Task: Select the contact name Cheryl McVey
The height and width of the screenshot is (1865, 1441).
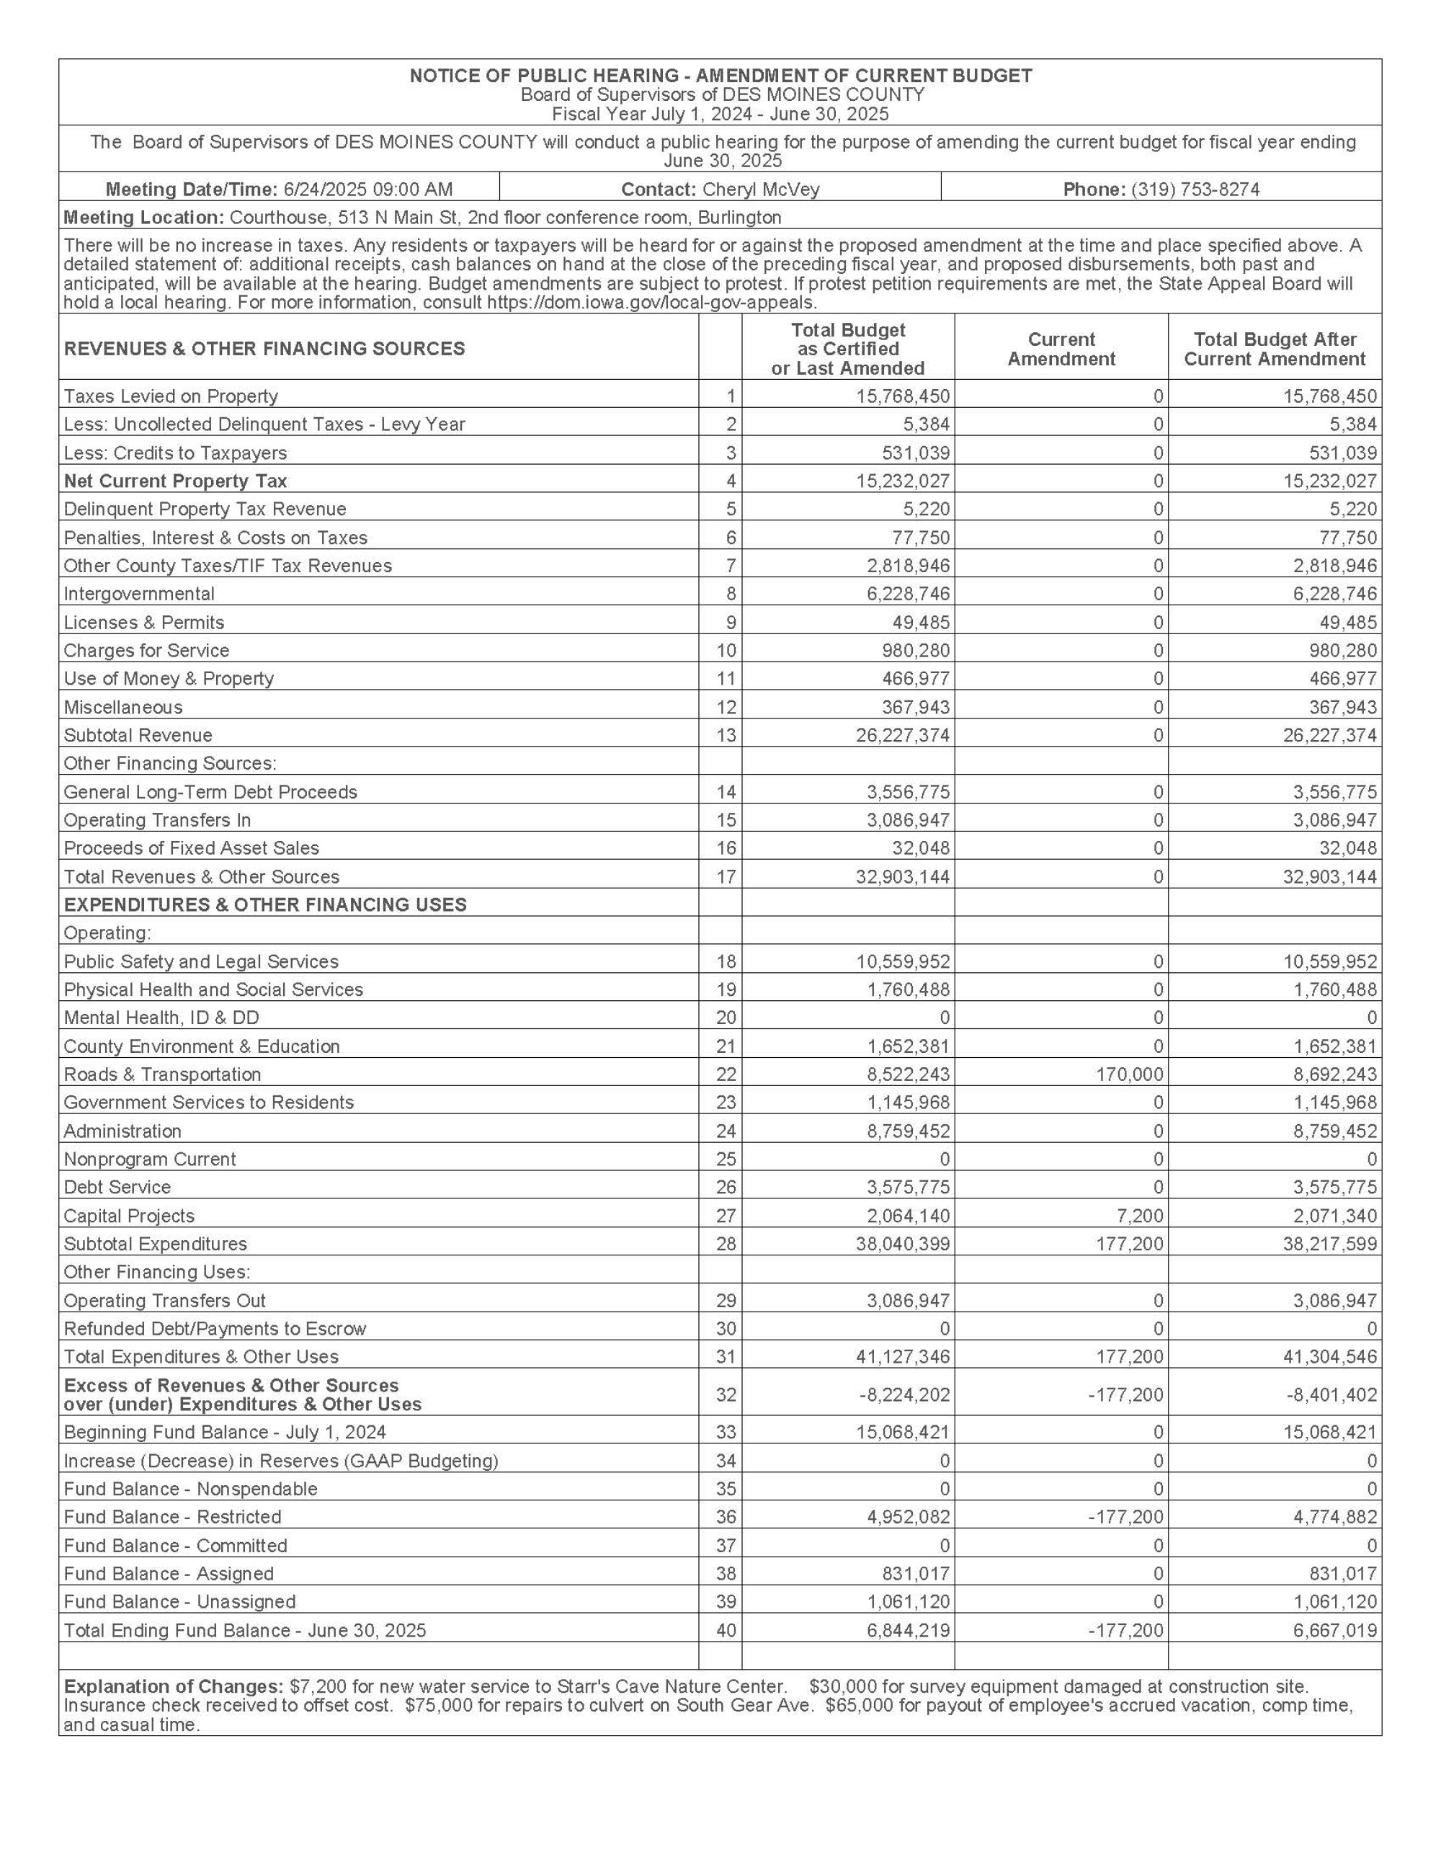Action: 760,190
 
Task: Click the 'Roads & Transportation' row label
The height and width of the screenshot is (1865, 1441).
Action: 162,1074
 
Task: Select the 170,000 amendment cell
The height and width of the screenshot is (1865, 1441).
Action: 1130,1074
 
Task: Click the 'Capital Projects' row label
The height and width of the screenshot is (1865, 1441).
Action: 129,1215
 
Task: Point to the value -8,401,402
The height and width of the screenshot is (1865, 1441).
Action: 1331,1394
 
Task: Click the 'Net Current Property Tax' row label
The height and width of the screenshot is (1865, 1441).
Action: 175,481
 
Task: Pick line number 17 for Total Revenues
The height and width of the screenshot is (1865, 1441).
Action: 726,876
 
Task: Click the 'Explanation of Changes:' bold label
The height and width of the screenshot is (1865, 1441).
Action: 174,1686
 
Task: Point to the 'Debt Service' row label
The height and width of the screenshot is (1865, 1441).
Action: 117,1187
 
